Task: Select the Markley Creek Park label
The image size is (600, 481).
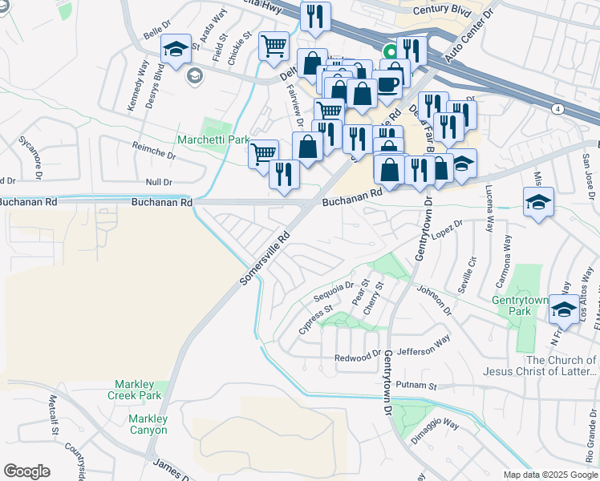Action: (x=139, y=390)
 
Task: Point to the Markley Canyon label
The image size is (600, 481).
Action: (x=147, y=424)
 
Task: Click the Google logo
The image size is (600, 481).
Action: (x=26, y=471)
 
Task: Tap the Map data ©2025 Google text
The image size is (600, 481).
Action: (x=549, y=475)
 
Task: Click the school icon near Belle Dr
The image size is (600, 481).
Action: (x=176, y=49)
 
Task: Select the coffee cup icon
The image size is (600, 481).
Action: (x=388, y=83)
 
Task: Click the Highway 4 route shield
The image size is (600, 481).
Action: (x=556, y=107)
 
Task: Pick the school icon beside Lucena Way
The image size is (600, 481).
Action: (x=538, y=202)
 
